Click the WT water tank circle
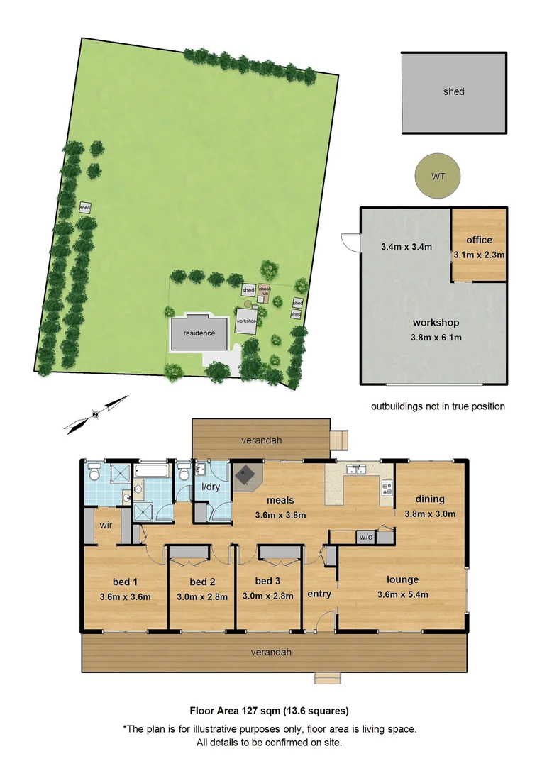438,176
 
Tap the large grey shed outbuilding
454,91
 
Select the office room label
479,240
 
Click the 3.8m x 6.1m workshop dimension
437,337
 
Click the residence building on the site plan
199,333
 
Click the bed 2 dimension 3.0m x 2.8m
202,596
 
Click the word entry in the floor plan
319,594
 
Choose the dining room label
430,499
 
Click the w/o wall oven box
365,536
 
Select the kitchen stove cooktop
387,487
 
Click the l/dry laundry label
211,487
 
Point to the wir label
106,526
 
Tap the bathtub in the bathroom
152,471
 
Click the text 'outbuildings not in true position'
438,406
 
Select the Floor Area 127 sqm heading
269,709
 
